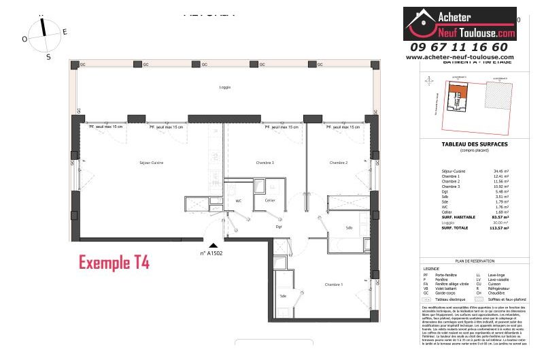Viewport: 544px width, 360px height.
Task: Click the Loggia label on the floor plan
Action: (224, 87)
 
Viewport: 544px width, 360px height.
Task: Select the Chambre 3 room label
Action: (265, 163)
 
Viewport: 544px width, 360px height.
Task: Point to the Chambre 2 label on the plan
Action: (339, 163)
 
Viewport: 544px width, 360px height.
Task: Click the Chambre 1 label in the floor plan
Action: (333, 284)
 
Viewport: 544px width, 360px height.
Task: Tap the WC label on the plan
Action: (238, 201)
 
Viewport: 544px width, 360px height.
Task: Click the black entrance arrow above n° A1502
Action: (214, 246)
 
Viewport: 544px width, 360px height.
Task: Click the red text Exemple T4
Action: (114, 261)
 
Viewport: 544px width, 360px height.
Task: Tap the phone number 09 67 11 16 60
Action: (459, 47)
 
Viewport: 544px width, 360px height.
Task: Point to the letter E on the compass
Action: (65, 31)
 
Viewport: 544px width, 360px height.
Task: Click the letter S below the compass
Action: (48, 57)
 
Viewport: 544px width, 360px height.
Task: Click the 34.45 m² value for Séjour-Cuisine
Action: (502, 171)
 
